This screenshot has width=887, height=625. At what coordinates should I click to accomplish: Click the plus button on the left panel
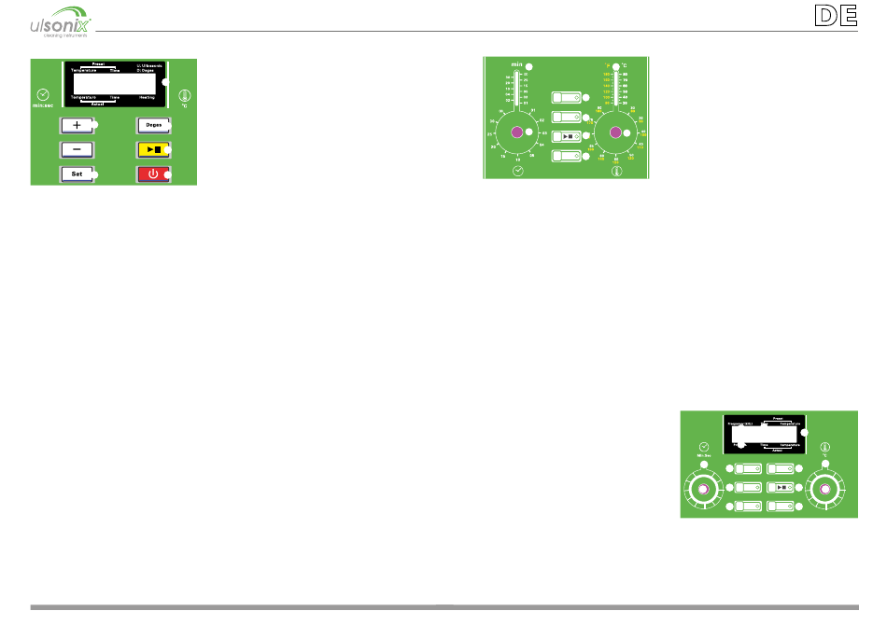[77, 124]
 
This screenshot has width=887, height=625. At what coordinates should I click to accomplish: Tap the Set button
[77, 174]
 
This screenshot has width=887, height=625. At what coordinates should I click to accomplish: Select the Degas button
[152, 124]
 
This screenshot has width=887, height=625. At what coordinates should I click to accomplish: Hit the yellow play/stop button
[152, 149]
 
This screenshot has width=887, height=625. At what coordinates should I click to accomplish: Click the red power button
[152, 174]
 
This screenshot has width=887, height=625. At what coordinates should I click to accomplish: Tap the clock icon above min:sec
[42, 95]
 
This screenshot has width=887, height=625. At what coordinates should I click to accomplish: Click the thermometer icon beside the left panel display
[184, 95]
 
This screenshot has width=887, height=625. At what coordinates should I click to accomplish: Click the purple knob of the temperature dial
[615, 133]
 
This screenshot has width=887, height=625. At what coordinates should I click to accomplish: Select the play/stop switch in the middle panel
[567, 136]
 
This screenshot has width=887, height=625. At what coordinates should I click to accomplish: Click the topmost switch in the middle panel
[567, 97]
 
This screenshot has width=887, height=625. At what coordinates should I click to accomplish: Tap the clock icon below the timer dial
[518, 171]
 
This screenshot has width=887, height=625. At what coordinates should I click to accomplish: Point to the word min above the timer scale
[515, 65]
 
